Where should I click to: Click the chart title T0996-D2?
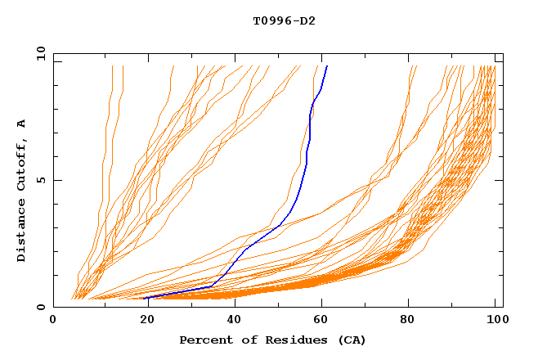284,20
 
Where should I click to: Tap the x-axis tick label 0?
53,321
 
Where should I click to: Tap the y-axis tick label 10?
40,53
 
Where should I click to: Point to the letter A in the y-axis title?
21,123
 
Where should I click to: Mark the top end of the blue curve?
327,66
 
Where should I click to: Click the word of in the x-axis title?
243,340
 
